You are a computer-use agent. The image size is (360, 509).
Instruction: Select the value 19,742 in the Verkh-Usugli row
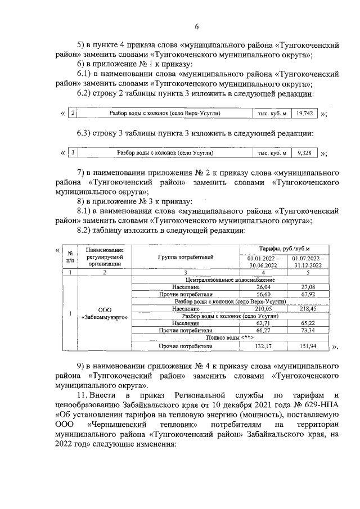(x=305, y=113)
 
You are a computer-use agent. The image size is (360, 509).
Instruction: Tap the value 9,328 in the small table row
(x=304, y=152)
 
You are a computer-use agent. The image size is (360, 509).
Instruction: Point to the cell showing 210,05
(x=264, y=309)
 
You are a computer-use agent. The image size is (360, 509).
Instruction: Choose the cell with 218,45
(x=308, y=309)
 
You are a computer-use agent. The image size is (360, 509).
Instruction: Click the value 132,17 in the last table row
(x=264, y=345)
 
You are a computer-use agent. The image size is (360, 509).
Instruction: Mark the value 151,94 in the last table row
(x=308, y=345)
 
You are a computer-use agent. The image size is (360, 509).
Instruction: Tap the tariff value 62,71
(x=264, y=323)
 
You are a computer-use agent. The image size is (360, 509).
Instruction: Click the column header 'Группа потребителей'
(x=186, y=256)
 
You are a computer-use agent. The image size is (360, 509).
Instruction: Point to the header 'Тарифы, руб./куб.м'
(x=285, y=248)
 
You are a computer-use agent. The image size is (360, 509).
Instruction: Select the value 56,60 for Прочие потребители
(x=264, y=294)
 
